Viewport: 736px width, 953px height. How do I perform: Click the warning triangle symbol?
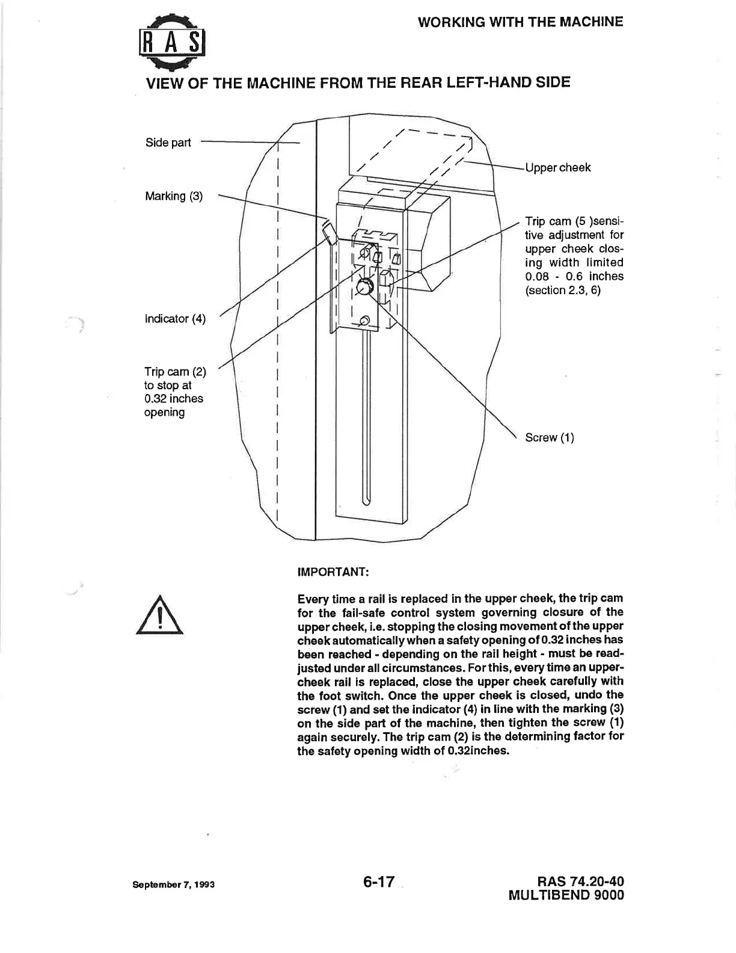click(x=159, y=615)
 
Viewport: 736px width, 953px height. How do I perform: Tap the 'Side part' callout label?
click(x=168, y=143)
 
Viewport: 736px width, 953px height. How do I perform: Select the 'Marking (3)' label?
click(x=174, y=196)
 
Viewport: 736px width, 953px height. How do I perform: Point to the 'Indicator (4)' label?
click(x=175, y=319)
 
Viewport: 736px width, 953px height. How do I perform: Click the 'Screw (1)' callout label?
click(x=549, y=437)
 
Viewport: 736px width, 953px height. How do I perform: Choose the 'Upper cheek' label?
click(x=557, y=168)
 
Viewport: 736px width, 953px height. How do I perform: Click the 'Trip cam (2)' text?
click(x=175, y=372)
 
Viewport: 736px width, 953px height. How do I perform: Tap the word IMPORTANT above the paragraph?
click(x=333, y=572)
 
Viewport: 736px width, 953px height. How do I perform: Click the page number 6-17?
click(x=378, y=882)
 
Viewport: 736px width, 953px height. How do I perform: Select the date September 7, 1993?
click(x=174, y=885)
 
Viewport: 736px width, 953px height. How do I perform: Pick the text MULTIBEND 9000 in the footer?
click(x=566, y=895)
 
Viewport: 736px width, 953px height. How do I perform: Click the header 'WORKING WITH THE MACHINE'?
click(x=520, y=22)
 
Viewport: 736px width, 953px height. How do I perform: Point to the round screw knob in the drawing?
click(x=364, y=288)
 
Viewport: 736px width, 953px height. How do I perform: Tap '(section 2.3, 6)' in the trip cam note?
click(x=563, y=291)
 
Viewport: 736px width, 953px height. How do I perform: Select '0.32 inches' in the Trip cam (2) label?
click(x=174, y=399)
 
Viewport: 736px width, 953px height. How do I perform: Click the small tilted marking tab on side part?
click(x=328, y=232)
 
